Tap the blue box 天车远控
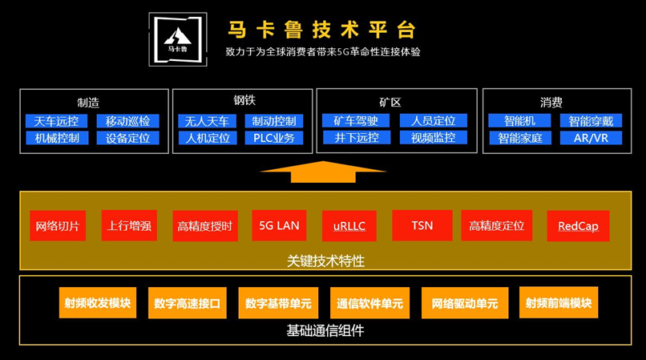56,121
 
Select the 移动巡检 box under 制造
127,121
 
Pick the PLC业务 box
273,138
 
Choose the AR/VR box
591,138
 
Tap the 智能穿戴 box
591,121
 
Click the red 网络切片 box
58,225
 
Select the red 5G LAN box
279,225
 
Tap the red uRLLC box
349,226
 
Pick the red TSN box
422,225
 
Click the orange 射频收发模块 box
98,303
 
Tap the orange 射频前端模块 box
559,303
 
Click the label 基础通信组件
324,330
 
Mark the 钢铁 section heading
244,101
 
